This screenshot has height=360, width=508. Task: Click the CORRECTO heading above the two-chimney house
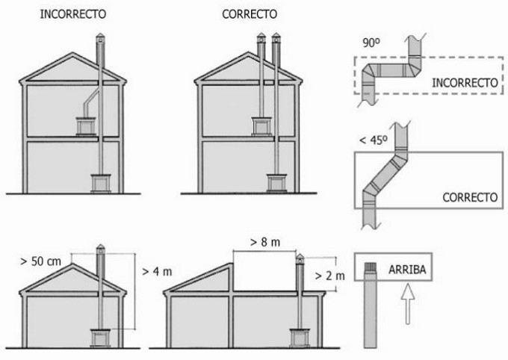(x=250, y=14)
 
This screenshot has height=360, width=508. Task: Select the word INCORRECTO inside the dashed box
(x=465, y=82)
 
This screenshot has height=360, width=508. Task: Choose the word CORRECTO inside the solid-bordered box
(x=470, y=198)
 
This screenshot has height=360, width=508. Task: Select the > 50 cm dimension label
(x=43, y=261)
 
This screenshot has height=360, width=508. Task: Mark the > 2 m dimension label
(x=329, y=276)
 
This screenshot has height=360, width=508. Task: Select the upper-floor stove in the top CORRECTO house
(x=261, y=125)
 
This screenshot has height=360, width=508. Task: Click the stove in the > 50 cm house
(x=100, y=338)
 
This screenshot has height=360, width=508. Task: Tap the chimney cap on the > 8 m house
(x=300, y=258)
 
